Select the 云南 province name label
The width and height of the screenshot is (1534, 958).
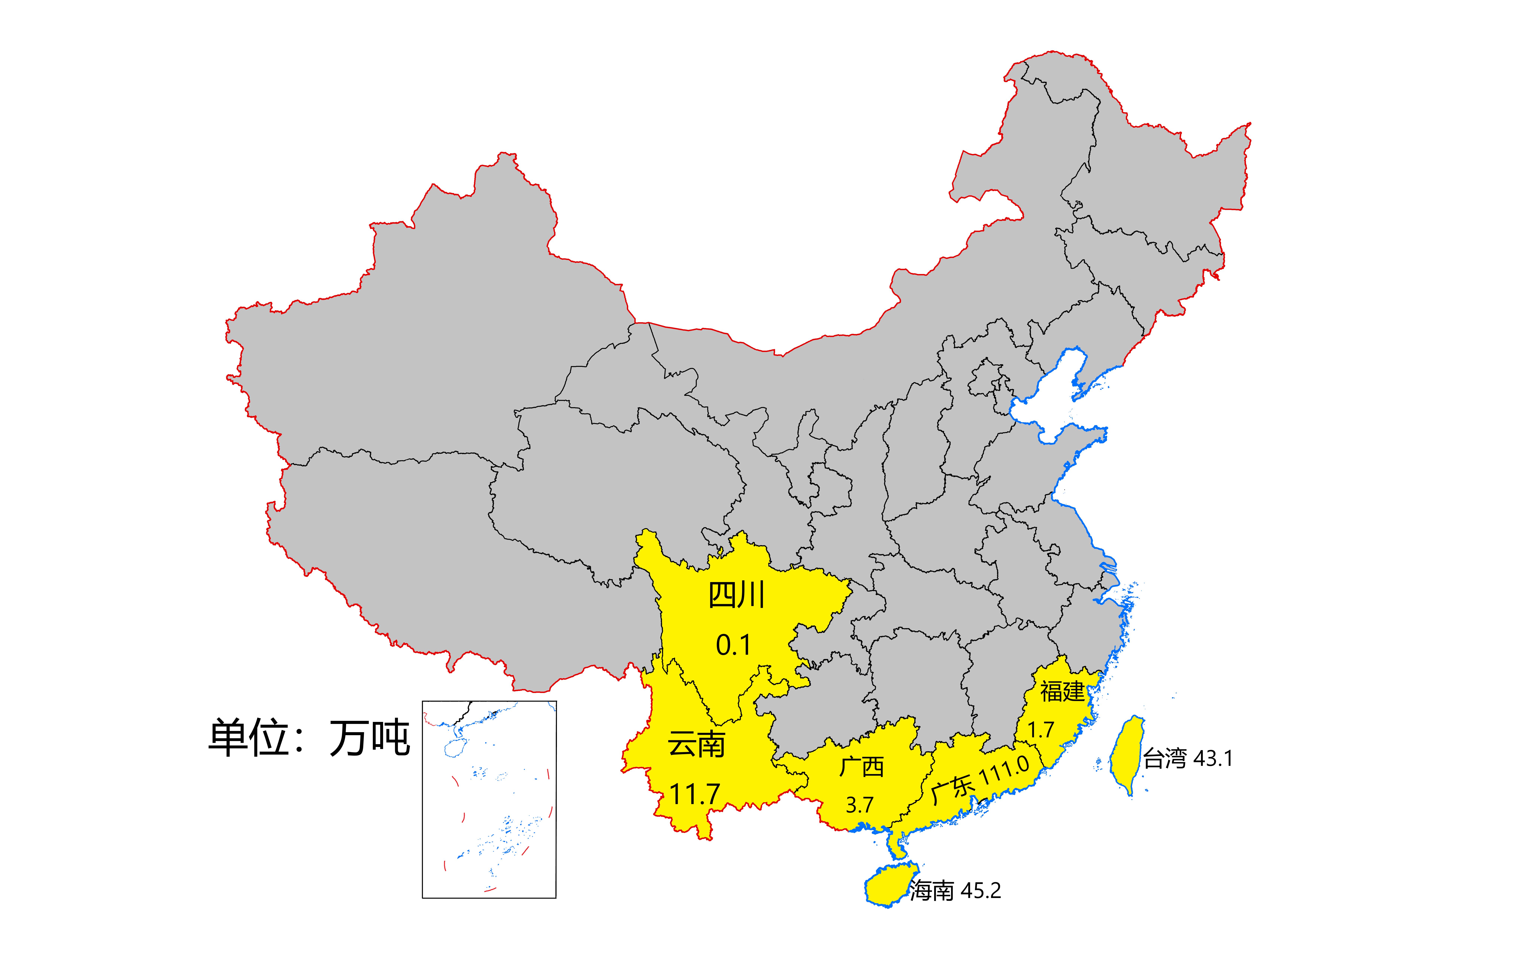click(696, 745)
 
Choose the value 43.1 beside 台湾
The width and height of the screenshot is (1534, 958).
click(1213, 758)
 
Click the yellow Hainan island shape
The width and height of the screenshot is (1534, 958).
click(887, 884)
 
